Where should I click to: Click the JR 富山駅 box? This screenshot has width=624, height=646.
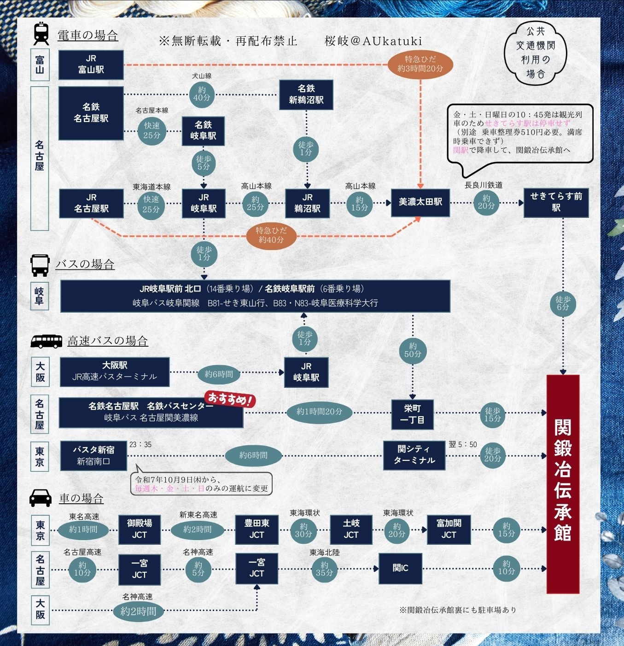[x=91, y=65]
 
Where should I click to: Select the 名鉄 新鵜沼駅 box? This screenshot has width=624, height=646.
[x=306, y=94]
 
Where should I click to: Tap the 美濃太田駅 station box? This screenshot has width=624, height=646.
[x=420, y=202]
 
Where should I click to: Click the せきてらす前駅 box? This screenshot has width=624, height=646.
[x=556, y=202]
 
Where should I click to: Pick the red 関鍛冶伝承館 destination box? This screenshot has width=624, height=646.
[x=562, y=483]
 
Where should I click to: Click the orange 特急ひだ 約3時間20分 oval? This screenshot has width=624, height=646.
[x=420, y=64]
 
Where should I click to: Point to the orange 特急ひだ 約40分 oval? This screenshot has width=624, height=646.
[x=271, y=235]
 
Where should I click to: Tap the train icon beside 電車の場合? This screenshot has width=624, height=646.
[x=41, y=34]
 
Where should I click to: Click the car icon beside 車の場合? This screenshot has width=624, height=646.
[x=41, y=497]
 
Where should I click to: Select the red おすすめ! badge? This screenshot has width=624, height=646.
[x=230, y=399]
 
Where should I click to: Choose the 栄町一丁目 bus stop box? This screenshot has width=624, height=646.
[x=412, y=413]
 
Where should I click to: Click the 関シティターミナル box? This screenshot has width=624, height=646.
[x=414, y=455]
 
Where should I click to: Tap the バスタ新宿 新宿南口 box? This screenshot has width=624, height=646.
[x=93, y=455]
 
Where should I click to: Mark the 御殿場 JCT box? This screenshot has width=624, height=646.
[x=140, y=529]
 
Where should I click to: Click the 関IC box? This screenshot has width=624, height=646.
[x=400, y=568]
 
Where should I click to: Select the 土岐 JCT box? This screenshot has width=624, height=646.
[x=351, y=529]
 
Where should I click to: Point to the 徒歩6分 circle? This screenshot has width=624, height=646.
[x=563, y=303]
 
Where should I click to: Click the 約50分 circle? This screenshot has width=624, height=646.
[x=413, y=350]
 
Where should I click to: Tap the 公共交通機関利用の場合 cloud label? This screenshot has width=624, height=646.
[x=536, y=52]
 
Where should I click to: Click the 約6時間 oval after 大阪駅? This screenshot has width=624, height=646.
[x=219, y=374]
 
